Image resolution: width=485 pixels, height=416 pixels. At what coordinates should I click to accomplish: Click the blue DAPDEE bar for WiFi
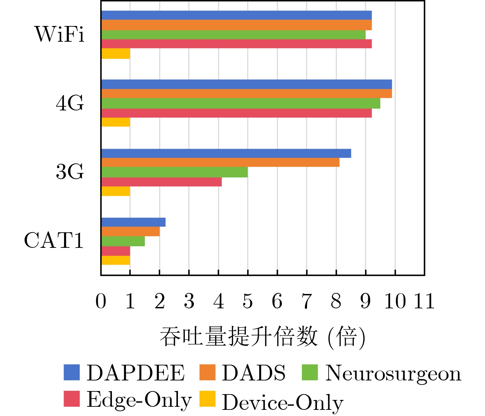tap(236, 15)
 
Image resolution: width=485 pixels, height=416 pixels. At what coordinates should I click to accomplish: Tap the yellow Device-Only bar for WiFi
tap(116, 54)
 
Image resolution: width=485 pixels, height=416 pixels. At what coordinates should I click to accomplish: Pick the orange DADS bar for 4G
tap(246, 94)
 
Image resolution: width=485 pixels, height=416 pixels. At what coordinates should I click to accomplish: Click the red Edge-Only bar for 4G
tap(236, 113)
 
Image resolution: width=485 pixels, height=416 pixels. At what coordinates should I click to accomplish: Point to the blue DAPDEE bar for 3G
tap(226, 153)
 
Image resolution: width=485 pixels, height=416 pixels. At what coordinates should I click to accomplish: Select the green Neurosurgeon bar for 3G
tap(175, 172)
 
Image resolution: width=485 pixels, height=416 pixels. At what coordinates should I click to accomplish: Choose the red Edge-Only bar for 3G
tap(162, 182)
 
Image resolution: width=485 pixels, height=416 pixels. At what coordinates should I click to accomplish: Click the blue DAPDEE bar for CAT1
tap(133, 222)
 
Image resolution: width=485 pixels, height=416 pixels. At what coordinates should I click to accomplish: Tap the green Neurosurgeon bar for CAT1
tap(123, 241)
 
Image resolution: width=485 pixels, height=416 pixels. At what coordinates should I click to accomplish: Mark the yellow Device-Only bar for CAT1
tap(116, 260)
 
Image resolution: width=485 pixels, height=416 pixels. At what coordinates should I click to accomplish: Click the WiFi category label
tap(60, 34)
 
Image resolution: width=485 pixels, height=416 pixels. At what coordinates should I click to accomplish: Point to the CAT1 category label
tap(54, 240)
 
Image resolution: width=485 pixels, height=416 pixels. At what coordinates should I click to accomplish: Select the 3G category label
tap(70, 172)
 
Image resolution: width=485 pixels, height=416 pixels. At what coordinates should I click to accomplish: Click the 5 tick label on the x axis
tap(248, 301)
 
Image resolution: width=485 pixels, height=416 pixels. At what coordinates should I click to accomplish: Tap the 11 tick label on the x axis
tap(424, 301)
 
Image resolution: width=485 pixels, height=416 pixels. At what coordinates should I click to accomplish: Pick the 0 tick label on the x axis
tap(101, 301)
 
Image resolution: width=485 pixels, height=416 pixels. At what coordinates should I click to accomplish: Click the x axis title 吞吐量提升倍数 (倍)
tap(262, 337)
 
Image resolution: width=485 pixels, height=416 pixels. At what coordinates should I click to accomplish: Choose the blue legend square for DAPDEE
tap(72, 373)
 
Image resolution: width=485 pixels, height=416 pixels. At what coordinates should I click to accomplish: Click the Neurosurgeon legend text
tap(393, 373)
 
